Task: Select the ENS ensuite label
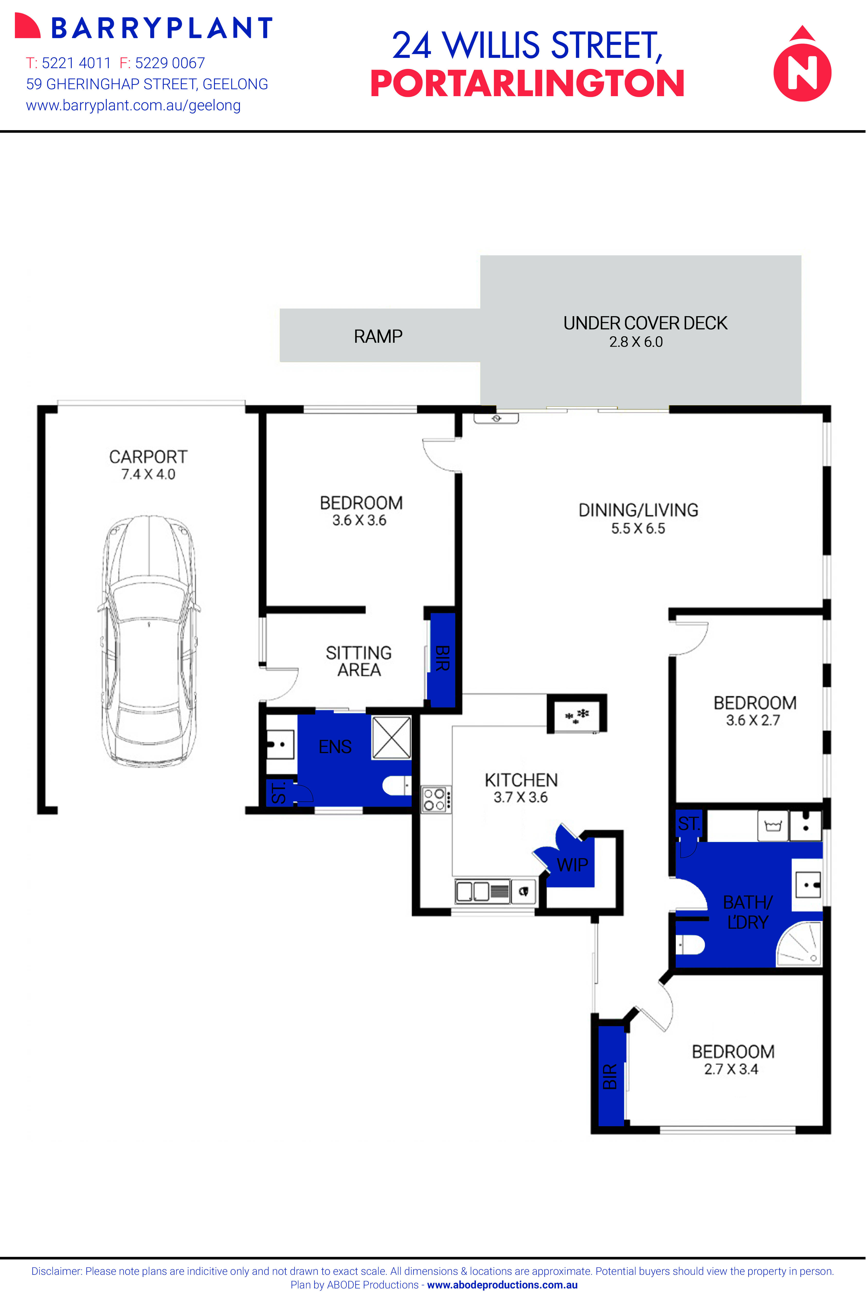pos(335,747)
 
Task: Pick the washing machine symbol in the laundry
pos(772,826)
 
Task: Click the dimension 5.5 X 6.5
pos(638,528)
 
